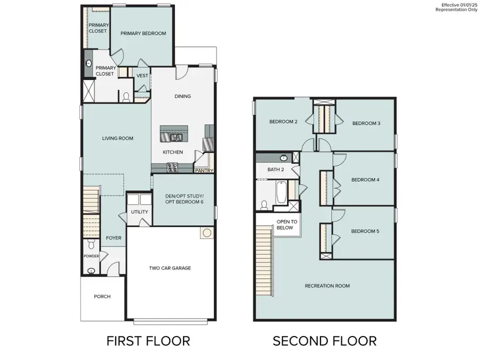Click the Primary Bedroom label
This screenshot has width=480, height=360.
tap(143, 33)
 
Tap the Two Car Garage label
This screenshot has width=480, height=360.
tap(170, 268)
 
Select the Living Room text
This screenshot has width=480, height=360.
tap(117, 139)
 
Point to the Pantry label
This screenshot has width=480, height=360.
tap(204, 171)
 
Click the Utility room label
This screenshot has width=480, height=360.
tap(139, 212)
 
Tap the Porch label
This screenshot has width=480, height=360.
tap(102, 297)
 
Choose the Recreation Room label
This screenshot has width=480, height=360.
tap(327, 286)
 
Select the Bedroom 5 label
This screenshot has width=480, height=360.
tap(365, 231)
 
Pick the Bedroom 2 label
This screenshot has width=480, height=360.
tap(283, 122)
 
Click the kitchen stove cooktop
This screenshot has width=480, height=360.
tap(173, 167)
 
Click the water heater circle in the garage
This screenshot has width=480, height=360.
tap(206, 233)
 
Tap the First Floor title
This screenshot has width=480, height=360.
tap(148, 340)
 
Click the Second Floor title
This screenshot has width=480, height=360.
tap(324, 340)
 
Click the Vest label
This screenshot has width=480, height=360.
tap(142, 76)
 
